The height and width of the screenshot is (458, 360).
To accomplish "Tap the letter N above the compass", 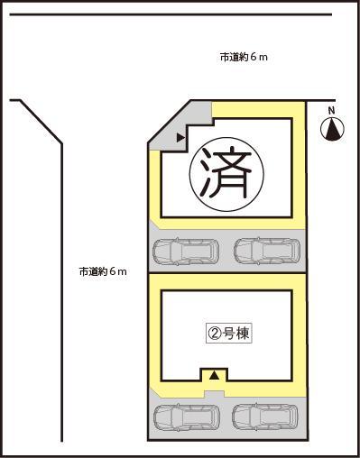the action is pos(332,111).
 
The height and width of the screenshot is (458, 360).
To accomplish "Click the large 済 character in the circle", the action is pos(220,174).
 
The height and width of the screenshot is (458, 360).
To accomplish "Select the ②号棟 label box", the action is pos(228,332).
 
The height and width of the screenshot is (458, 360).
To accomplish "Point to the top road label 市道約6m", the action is pos(244,57).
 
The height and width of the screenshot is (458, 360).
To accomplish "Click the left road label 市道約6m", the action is pos(102,271).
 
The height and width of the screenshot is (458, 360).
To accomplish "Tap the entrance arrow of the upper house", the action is pos(180,138).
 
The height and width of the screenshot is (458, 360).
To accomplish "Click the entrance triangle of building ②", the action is pos(214,374).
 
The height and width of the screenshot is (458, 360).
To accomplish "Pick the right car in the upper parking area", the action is pos(266,252).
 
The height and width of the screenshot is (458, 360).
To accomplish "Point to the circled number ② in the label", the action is pos(215,332).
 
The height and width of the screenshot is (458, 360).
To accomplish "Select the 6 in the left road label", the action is pos(112,271).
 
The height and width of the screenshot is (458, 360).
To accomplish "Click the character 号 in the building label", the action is pos(228,332).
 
